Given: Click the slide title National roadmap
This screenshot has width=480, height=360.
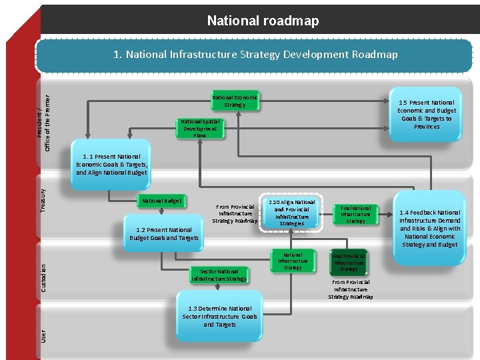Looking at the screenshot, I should point(263,21).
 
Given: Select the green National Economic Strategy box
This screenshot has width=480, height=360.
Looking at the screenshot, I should point(235,101).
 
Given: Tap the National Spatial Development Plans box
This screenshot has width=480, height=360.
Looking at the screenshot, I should point(200,128).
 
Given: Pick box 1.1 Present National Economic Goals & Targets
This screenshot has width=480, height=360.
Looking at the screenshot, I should point(111,164).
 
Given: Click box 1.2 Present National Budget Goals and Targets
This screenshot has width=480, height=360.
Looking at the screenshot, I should point(163,234).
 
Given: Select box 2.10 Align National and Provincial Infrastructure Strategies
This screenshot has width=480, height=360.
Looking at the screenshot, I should point(291,213).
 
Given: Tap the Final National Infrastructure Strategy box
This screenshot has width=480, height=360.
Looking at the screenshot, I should point(355,214).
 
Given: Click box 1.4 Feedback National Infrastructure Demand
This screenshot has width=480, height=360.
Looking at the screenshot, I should point(430,228).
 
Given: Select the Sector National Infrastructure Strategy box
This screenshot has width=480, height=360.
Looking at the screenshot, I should point(219,275).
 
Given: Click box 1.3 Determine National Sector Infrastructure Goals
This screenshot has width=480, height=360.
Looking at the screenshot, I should point(219,316).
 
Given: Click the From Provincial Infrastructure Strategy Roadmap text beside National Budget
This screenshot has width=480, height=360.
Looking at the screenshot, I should point(235,213).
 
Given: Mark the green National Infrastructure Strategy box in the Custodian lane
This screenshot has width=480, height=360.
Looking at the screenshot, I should point(292,261).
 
